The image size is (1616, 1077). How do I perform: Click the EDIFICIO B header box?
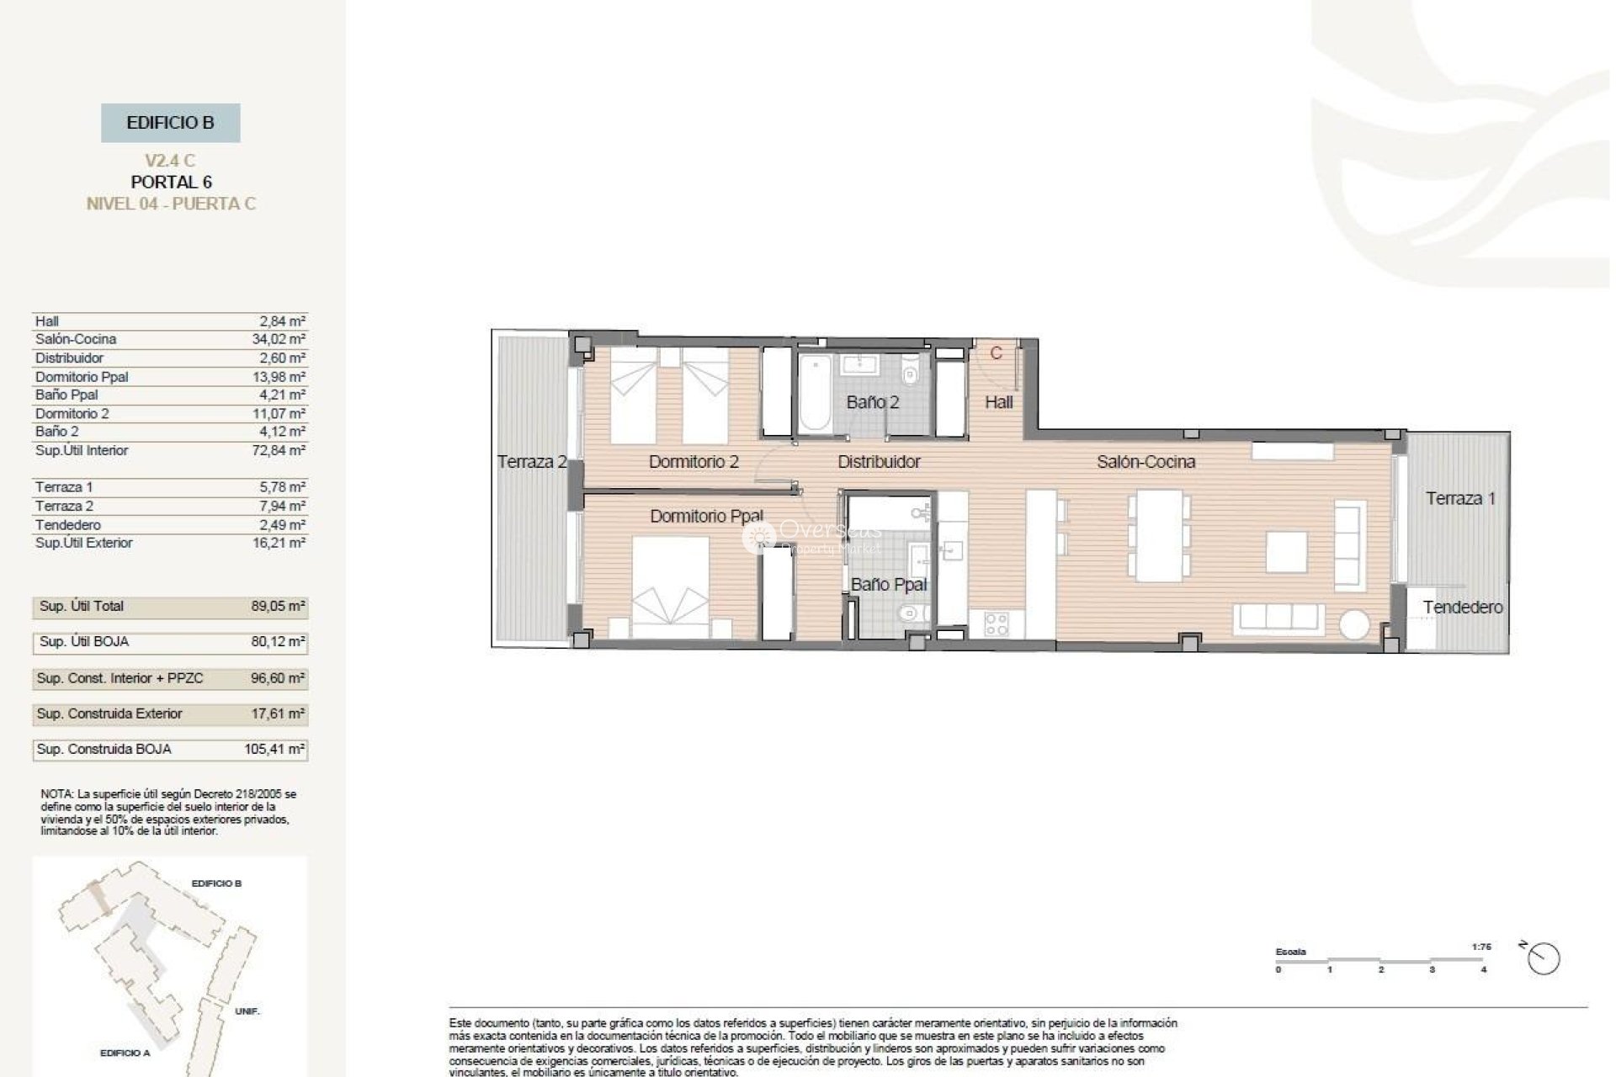[170, 123]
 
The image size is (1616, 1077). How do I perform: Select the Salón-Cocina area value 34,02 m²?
[279, 339]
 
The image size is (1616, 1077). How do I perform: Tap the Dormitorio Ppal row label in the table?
[82, 377]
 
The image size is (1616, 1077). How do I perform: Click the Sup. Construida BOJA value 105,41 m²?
[274, 749]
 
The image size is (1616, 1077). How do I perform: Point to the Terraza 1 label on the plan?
[1460, 498]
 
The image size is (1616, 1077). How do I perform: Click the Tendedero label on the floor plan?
[1463, 607]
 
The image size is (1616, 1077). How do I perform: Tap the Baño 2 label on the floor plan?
[872, 402]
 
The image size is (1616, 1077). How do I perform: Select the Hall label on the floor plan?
[998, 402]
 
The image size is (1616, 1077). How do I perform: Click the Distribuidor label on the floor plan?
[879, 462]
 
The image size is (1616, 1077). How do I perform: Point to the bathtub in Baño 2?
[813, 394]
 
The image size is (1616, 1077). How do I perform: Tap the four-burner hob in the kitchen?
[997, 623]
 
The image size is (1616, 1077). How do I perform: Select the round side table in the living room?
[1355, 625]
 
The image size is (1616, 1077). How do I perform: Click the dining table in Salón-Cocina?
[1159, 536]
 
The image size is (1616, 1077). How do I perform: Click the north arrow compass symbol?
[1543, 958]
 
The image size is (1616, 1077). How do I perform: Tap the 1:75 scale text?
[1481, 947]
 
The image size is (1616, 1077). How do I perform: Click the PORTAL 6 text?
[171, 182]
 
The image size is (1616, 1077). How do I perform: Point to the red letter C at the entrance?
[997, 353]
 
